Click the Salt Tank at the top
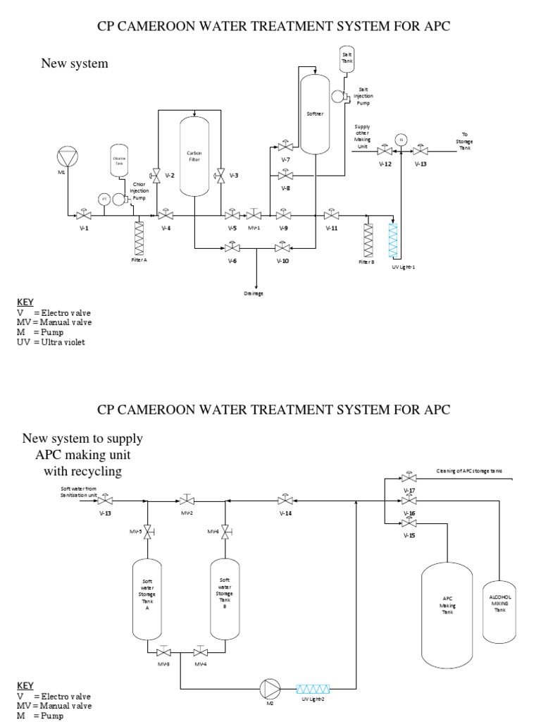[x=347, y=56]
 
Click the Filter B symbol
[x=367, y=240]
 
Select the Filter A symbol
[x=138, y=238]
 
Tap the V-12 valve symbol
[x=385, y=151]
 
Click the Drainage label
[x=254, y=293]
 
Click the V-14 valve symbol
[x=285, y=501]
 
